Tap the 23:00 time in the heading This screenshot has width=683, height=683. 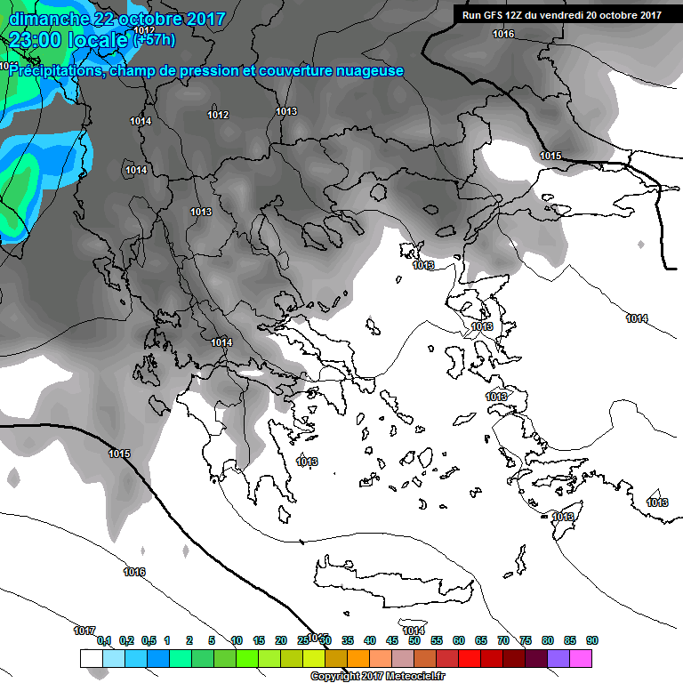[x=40, y=39]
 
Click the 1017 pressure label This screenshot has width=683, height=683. [x=84, y=631]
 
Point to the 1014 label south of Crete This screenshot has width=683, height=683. [x=414, y=631]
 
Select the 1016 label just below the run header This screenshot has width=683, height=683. [x=503, y=34]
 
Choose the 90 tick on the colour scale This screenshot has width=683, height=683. [x=591, y=640]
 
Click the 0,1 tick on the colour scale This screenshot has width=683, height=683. [x=103, y=640]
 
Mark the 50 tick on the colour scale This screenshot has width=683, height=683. [x=414, y=640]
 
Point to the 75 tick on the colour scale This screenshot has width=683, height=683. [x=526, y=640]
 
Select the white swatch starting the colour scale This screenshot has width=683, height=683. [x=91, y=658]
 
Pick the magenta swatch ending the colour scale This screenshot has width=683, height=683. [x=581, y=658]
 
